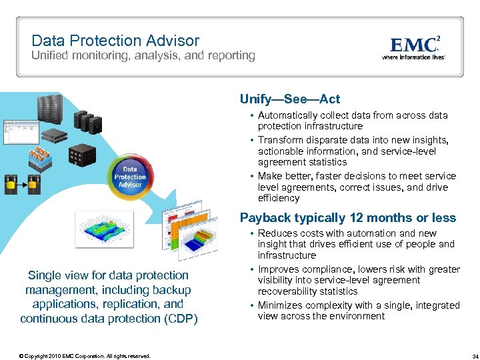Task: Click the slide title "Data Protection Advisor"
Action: point(115,41)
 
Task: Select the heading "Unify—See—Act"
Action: point(290,99)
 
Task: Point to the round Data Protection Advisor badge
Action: point(130,177)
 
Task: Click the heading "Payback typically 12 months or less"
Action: point(347,218)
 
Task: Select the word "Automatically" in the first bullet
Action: point(287,115)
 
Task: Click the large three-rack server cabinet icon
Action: point(53,107)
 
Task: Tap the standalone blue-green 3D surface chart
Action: point(104,229)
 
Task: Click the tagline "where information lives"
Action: point(413,57)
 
